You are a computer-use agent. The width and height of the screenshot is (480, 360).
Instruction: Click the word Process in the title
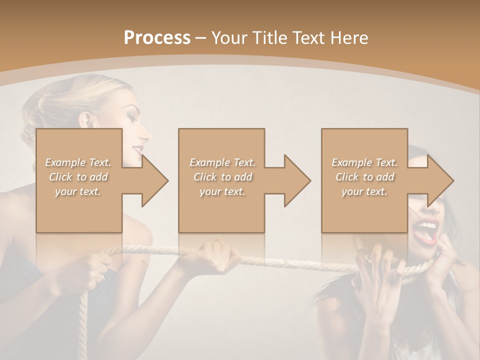point(157,37)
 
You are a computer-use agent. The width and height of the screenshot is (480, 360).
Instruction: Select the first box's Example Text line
point(78,162)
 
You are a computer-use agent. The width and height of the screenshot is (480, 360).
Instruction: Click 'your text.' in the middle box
point(222,191)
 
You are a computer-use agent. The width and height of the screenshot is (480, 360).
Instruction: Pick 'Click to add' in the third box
point(364,177)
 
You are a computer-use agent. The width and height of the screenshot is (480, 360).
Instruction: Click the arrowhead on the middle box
point(297,180)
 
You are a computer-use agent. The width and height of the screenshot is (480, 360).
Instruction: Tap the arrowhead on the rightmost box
point(440,180)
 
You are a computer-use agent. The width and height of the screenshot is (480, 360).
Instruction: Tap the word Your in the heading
point(229,37)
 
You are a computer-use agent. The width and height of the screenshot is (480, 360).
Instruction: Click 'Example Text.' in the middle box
point(222,162)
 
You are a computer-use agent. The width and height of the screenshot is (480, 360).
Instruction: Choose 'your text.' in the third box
point(364,191)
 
